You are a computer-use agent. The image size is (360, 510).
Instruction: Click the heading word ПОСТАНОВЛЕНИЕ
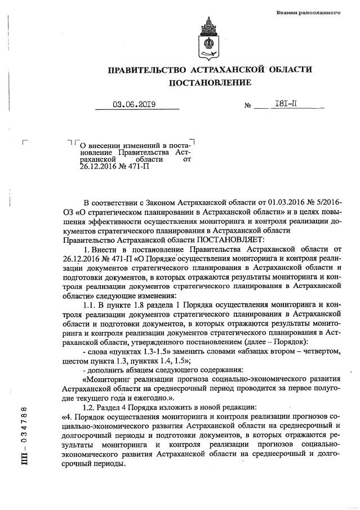[x=210, y=83]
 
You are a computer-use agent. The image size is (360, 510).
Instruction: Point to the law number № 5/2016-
[x=322, y=203]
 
